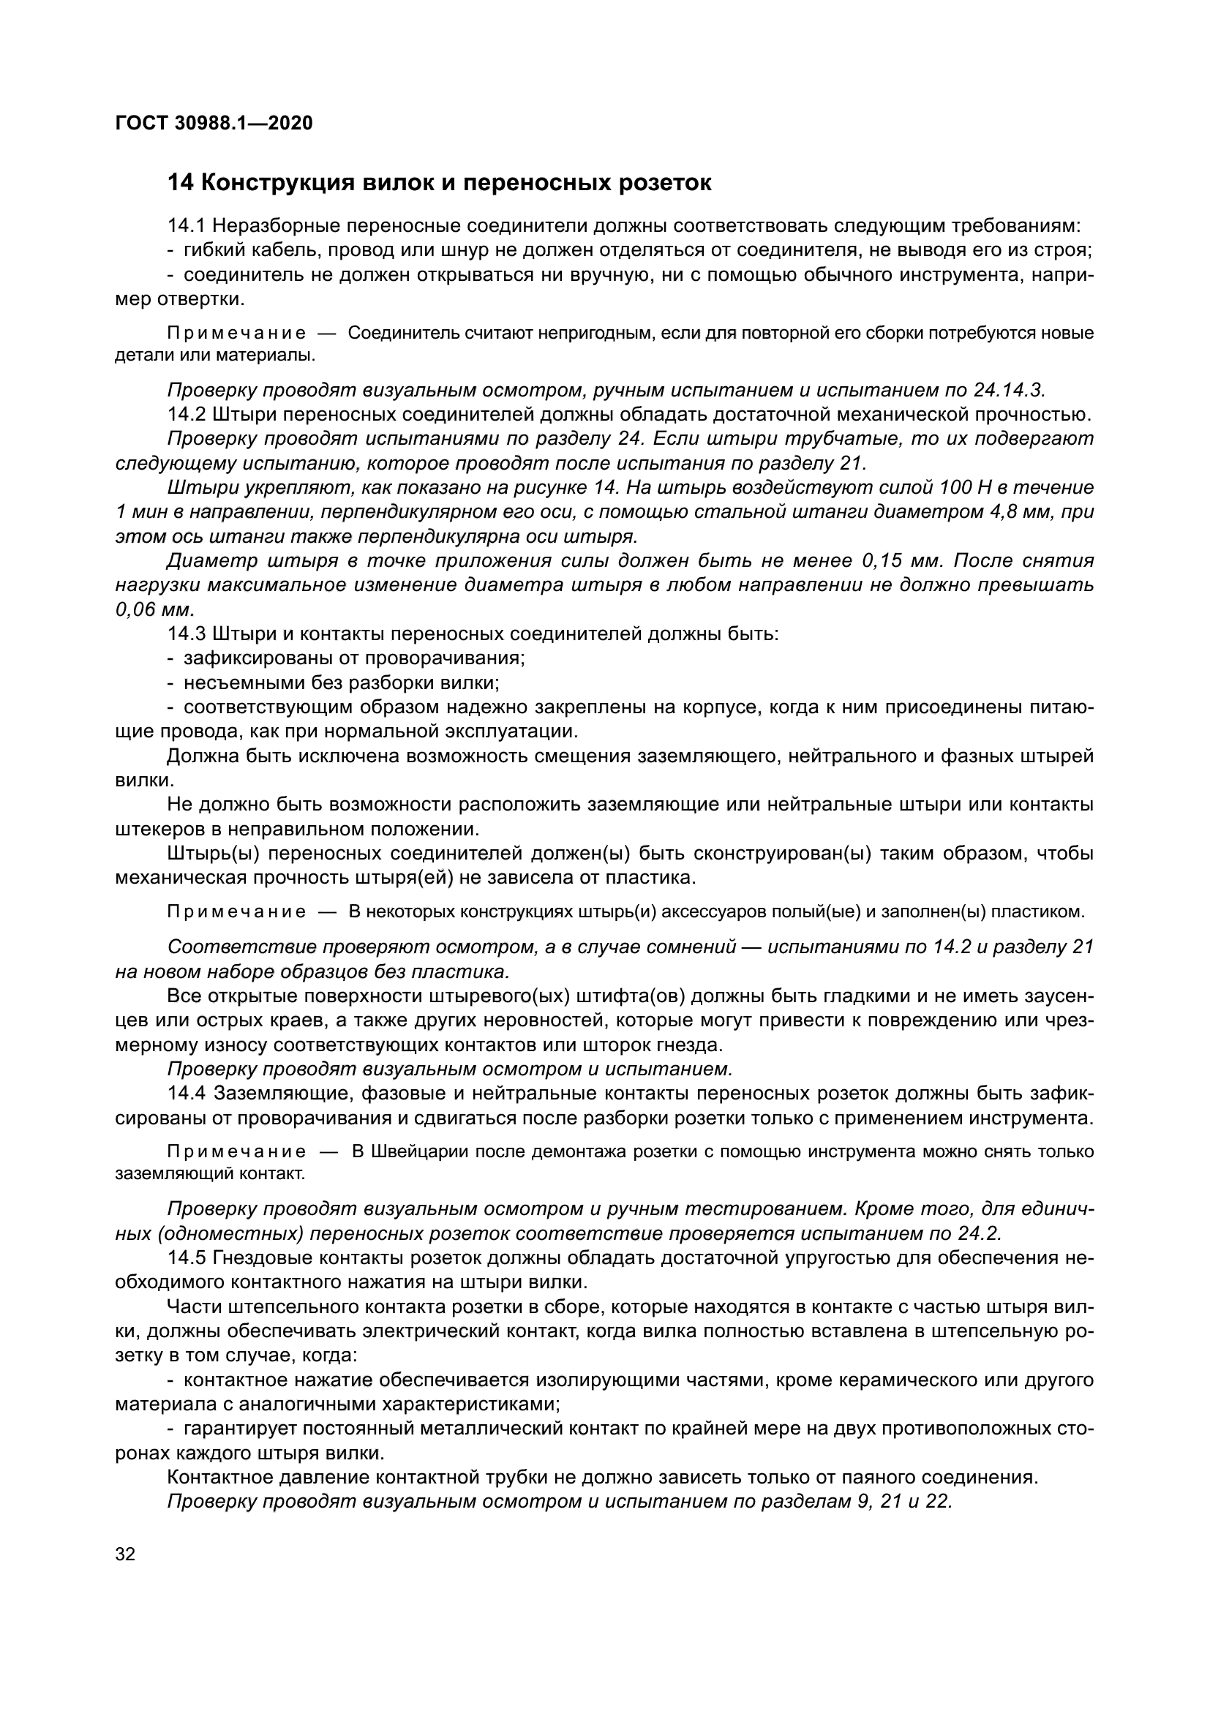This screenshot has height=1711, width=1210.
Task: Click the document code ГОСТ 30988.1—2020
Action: [214, 123]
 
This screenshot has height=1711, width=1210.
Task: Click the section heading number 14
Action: [179, 183]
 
